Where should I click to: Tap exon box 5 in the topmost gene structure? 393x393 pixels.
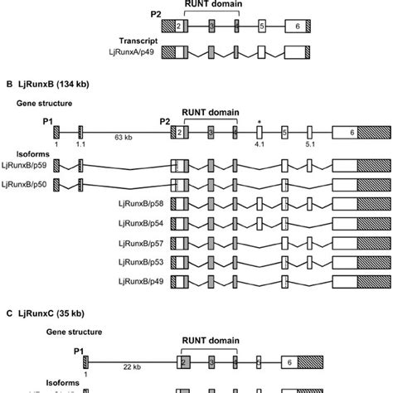click(262, 27)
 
